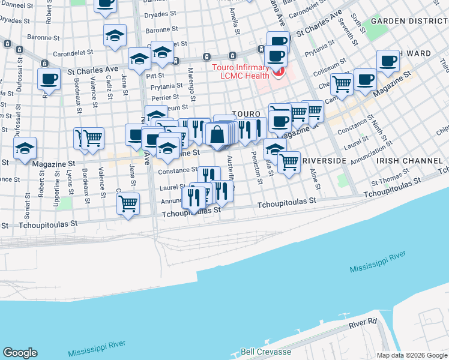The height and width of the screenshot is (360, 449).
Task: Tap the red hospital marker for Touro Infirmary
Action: click(278, 73)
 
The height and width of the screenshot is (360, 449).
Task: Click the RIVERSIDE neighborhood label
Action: click(324, 161)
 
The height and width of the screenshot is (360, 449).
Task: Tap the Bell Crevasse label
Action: click(266, 352)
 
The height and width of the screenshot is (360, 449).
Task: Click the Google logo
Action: click(20, 353)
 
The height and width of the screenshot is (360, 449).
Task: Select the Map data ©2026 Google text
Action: click(411, 355)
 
